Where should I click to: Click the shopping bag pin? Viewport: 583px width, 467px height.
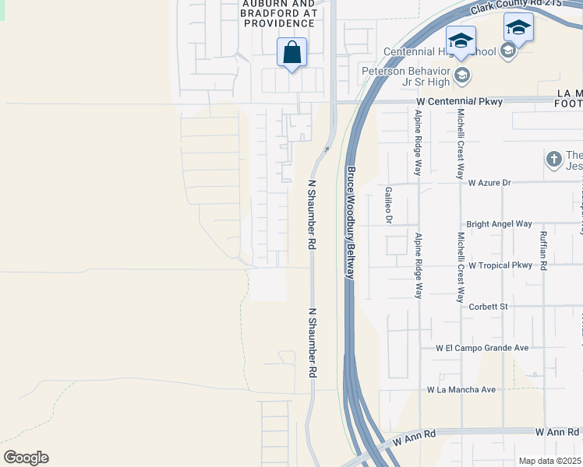coord(292,53)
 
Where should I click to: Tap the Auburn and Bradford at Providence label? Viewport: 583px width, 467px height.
coord(280,13)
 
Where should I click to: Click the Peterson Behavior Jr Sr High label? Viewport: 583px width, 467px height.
coord(405,76)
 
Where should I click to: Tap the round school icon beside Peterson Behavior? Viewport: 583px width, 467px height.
coord(462,75)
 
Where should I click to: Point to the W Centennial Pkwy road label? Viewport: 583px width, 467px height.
coord(460,101)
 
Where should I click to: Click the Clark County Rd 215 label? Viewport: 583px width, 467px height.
coord(526,8)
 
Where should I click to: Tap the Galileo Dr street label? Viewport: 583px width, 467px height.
coord(388,205)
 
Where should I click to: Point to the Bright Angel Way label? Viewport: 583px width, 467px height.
coord(500,223)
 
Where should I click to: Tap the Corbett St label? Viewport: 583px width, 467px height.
coord(489,307)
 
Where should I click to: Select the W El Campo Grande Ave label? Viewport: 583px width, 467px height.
coord(482,348)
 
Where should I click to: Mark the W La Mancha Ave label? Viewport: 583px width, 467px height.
coord(461,389)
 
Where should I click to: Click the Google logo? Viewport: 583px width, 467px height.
coord(26,458)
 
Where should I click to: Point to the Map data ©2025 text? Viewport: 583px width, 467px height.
coord(550,461)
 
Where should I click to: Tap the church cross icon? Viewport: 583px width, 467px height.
coord(554,160)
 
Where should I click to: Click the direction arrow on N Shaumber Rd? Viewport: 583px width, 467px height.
coord(327,149)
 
